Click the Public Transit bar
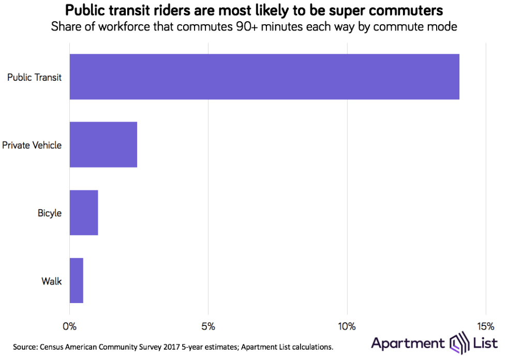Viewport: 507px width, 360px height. point(264,77)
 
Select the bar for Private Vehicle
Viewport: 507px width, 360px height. point(103,144)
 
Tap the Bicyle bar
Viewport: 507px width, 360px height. point(84,213)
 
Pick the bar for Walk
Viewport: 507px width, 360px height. point(77,280)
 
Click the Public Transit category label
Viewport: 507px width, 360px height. point(34,78)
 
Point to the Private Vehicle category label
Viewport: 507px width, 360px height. point(32,145)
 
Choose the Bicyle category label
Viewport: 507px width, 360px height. point(50,213)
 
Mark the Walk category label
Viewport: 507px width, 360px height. point(52,281)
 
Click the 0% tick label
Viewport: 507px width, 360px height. point(69,326)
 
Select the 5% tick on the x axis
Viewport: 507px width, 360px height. point(208,326)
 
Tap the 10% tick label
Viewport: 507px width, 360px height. point(347,326)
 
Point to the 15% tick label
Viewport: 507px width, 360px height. point(485,326)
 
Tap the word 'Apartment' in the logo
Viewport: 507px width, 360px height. point(408,343)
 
